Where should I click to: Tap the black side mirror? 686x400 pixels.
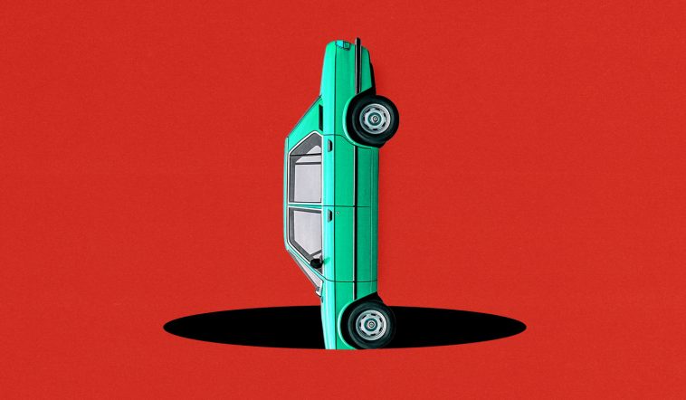click(315, 262)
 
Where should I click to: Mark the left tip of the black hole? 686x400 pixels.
click(166, 323)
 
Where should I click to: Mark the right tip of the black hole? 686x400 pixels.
click(523, 324)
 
